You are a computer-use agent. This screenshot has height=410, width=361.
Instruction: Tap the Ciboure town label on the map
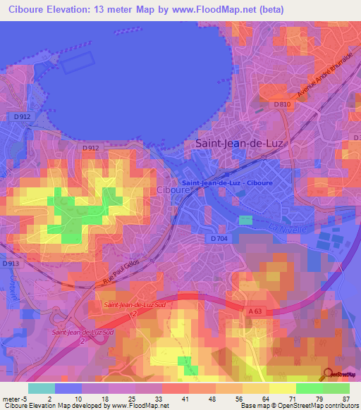173,190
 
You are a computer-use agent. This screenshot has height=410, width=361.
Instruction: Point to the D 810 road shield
282,105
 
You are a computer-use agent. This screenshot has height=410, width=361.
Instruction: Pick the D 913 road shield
10,263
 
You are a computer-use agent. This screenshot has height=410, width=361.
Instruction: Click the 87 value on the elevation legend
345,398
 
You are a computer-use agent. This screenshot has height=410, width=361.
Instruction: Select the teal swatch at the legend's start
41,388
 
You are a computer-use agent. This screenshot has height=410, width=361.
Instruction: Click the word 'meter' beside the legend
12,398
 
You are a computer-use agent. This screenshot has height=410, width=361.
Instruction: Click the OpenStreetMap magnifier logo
329,374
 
